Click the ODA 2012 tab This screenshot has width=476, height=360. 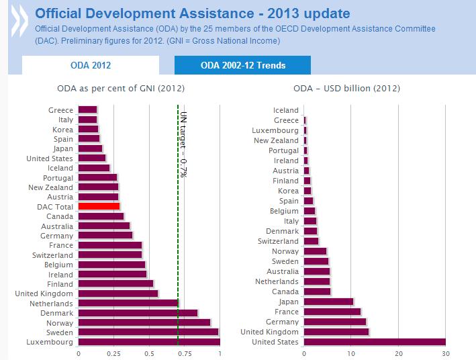tap(91, 65)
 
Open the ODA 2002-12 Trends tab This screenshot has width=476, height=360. tap(242, 65)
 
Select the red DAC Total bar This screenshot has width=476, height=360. tap(99, 206)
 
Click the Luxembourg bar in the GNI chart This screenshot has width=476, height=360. tap(148, 342)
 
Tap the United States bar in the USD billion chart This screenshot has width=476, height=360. tap(374, 342)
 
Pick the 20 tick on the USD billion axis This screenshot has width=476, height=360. tap(398, 353)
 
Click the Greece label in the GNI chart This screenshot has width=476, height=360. tap(60, 110)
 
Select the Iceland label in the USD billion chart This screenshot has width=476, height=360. tap(286, 110)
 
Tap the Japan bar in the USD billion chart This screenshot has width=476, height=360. tap(328, 302)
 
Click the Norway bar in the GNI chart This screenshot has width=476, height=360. tap(144, 322)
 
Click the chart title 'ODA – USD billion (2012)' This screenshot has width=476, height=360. tap(346, 88)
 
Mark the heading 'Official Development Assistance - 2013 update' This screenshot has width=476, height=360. tap(191, 13)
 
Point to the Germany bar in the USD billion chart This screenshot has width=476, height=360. tap(334, 322)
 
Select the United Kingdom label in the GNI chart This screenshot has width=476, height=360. tap(44, 294)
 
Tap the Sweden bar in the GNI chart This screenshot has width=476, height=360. tap(148, 332)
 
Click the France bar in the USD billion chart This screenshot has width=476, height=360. tap(332, 312)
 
